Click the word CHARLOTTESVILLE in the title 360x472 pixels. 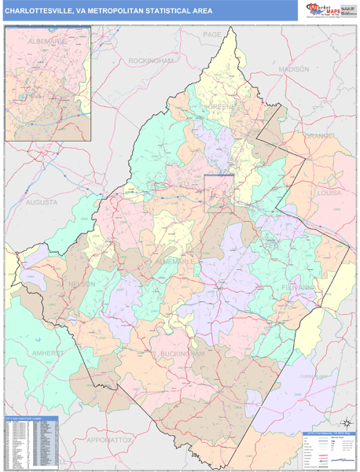38,10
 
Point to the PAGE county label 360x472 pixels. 212,35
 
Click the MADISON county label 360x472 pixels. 294,69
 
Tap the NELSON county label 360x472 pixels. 81,283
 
